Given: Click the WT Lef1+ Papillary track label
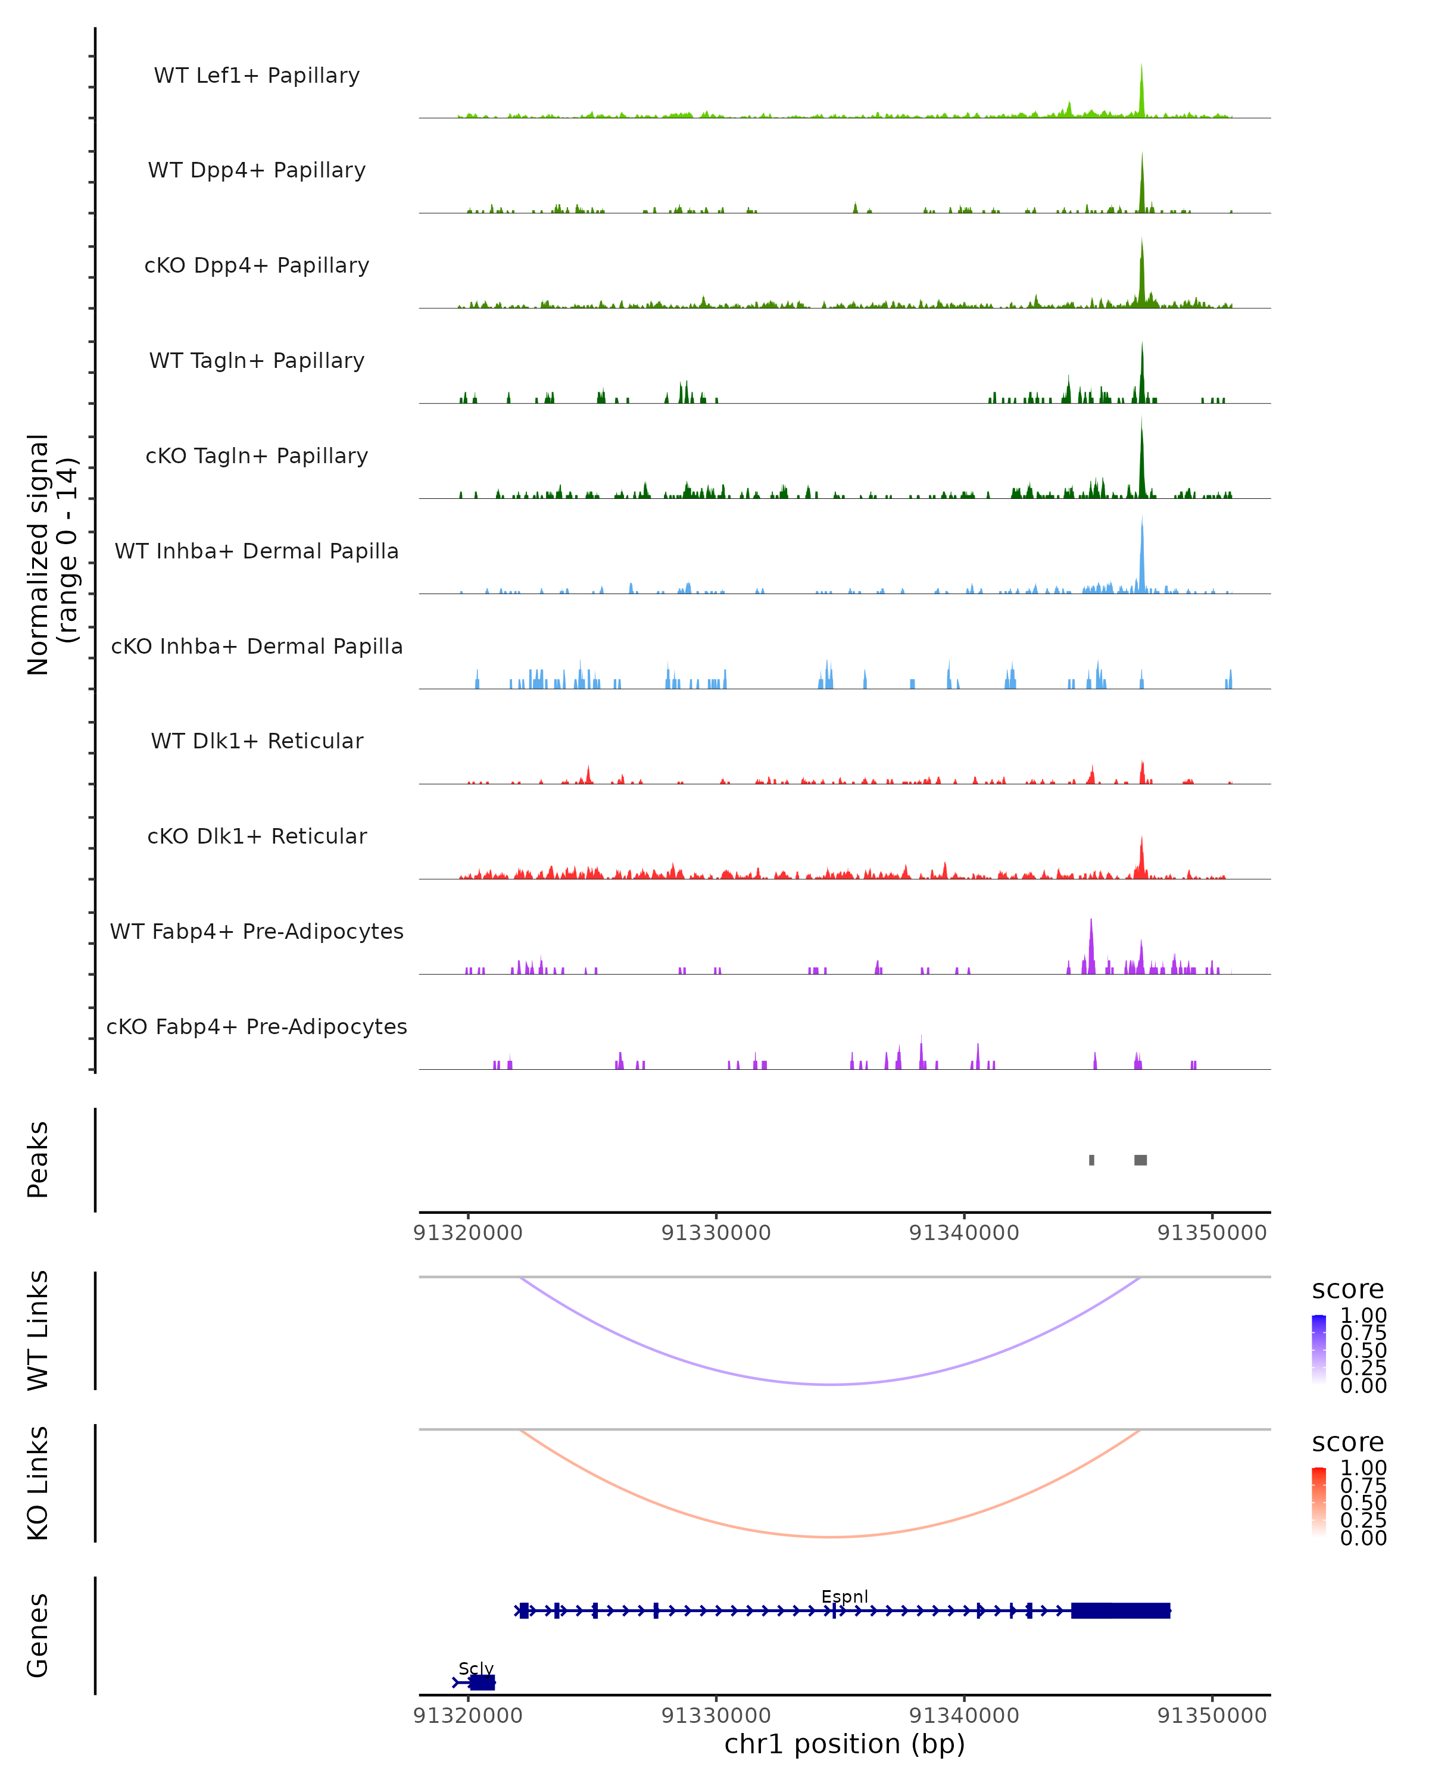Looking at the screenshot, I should [x=257, y=76].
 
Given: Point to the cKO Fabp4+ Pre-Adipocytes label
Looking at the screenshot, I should [x=257, y=1026].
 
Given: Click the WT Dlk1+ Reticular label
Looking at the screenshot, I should [x=257, y=741].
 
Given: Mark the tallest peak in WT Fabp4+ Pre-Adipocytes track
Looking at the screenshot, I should [x=1091, y=944].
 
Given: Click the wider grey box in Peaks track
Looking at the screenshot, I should [x=1141, y=1160].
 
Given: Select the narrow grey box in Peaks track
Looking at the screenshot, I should [x=1092, y=1160].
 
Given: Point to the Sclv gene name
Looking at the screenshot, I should [x=476, y=1668].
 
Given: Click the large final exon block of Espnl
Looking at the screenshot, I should [x=1120, y=1610].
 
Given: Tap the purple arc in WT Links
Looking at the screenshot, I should [x=832, y=1384].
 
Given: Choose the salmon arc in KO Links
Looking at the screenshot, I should [x=832, y=1537].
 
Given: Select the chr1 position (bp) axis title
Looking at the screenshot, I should [x=844, y=1744].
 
